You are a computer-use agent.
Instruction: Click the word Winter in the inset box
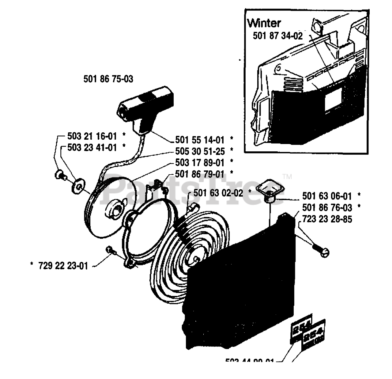pyautogui.click(x=264, y=23)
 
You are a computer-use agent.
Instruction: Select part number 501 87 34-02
pyautogui.click(x=277, y=36)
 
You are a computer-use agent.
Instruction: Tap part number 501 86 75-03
pyautogui.click(x=108, y=79)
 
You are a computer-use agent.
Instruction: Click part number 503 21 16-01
pyautogui.click(x=92, y=136)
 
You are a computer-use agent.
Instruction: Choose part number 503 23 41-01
pyautogui.click(x=92, y=147)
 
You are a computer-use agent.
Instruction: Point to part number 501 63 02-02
pyautogui.click(x=218, y=193)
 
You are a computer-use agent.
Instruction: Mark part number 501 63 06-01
pyautogui.click(x=327, y=196)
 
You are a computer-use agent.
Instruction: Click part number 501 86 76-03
pyautogui.click(x=327, y=207)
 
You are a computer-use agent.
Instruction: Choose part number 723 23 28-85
pyautogui.click(x=327, y=219)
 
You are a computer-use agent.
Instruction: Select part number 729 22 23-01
pyautogui.click(x=63, y=266)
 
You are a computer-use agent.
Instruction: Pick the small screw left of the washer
pyautogui.click(x=59, y=175)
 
